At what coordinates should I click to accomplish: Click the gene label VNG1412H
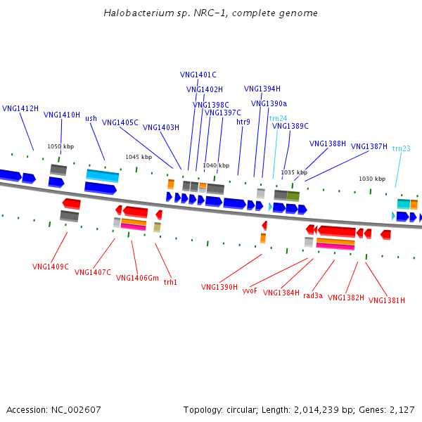click(20, 109)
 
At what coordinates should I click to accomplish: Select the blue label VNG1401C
click(198, 75)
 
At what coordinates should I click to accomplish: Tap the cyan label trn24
click(278, 118)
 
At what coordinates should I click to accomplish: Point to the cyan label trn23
click(402, 148)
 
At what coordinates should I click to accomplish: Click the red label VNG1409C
click(51, 267)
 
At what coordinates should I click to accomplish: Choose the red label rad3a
click(313, 296)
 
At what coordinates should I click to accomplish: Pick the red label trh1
click(170, 282)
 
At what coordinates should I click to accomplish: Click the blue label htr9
click(243, 122)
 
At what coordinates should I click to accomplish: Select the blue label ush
click(91, 118)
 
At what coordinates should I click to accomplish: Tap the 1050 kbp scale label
click(60, 146)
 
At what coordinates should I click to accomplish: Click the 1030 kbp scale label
click(372, 179)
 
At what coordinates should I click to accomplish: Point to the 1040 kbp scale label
click(216, 166)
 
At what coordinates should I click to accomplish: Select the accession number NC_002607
click(77, 409)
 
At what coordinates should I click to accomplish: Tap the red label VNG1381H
click(387, 301)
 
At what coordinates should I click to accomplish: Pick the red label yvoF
click(250, 290)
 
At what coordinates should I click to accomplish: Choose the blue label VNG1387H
click(369, 146)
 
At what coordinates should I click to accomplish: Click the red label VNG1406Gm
click(138, 278)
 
